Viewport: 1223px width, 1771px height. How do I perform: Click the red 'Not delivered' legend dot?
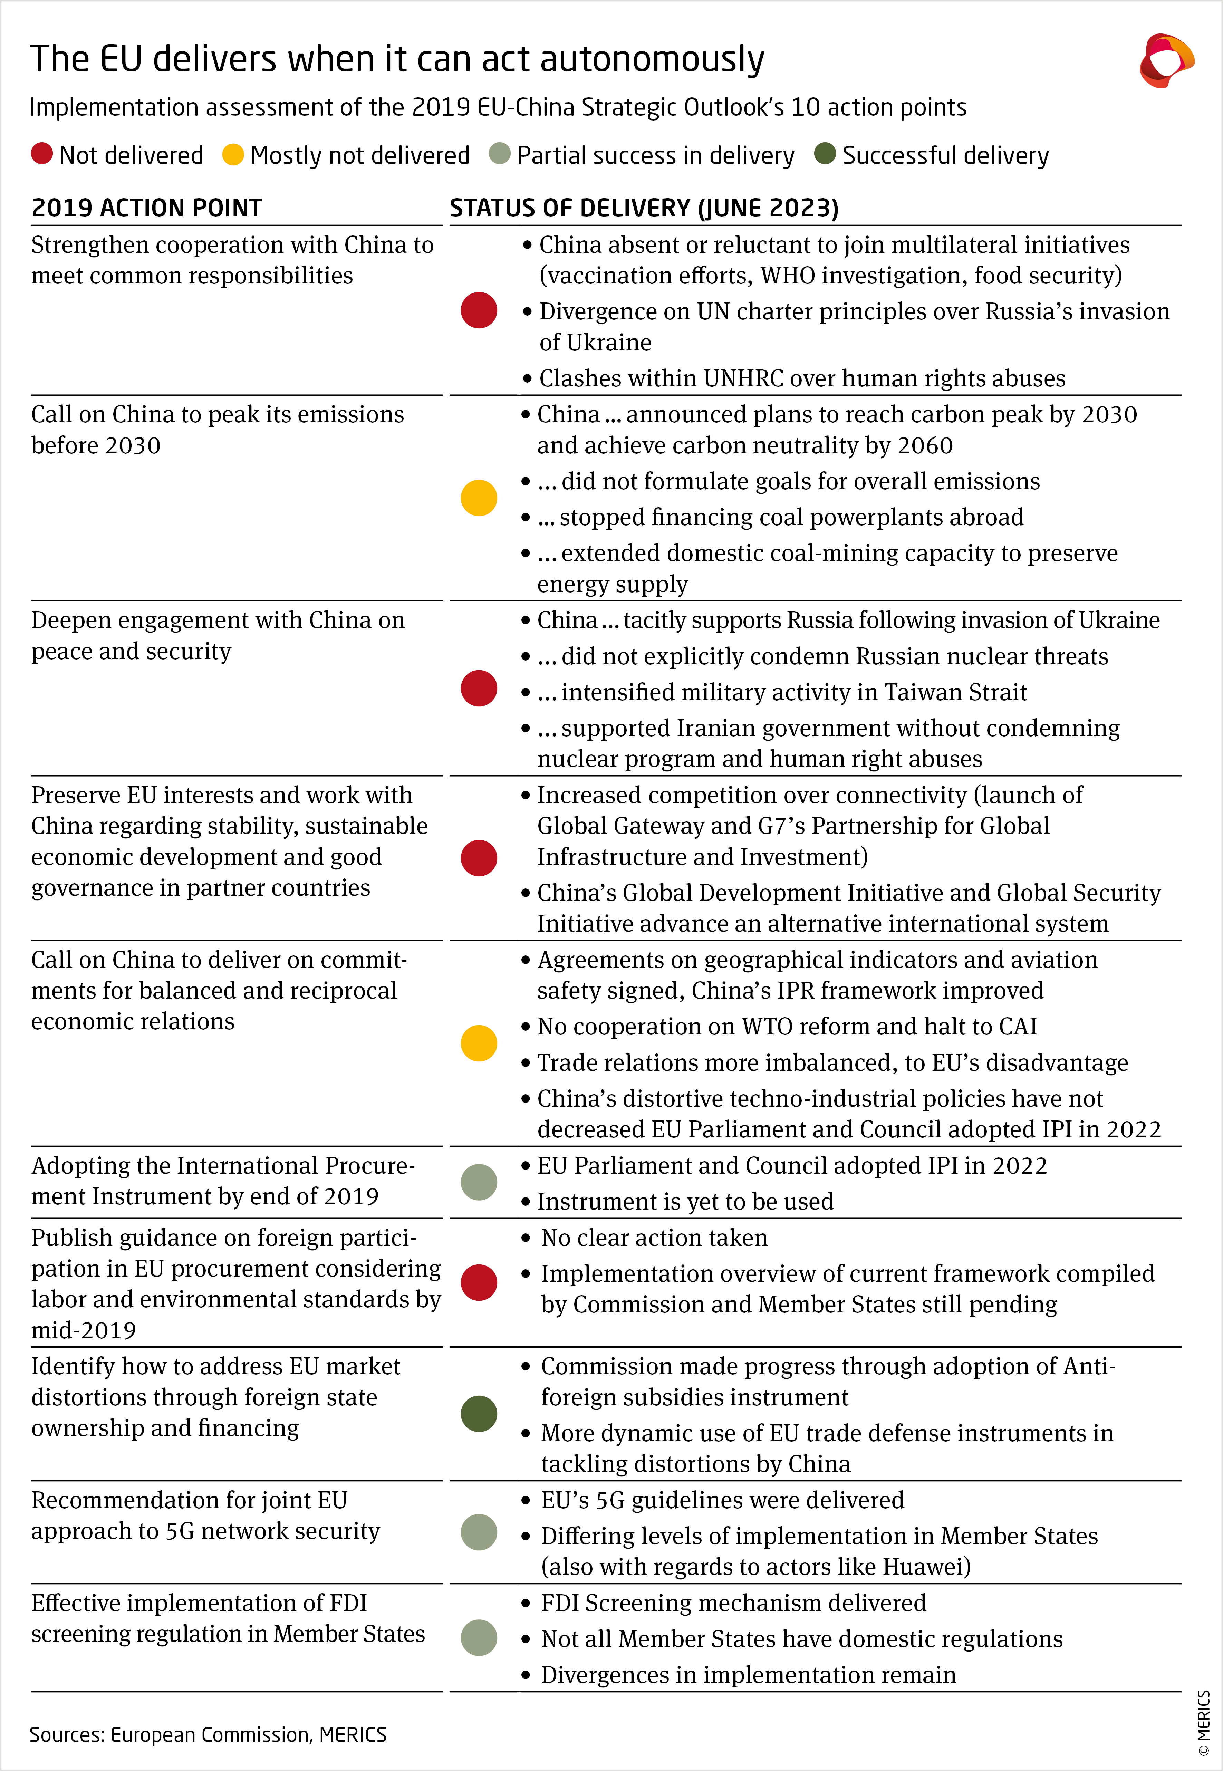coord(41,154)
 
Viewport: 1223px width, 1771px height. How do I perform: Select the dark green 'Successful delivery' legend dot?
coord(825,154)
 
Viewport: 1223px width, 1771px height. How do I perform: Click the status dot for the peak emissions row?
coord(479,498)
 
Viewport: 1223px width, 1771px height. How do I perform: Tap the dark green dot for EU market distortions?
coord(479,1414)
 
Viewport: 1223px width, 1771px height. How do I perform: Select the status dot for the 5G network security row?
coord(479,1532)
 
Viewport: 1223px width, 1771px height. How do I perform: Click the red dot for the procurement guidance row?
coord(479,1282)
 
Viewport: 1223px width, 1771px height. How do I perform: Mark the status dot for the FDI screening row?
coord(479,1638)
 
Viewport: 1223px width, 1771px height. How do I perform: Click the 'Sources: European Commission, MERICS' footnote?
coord(208,1734)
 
